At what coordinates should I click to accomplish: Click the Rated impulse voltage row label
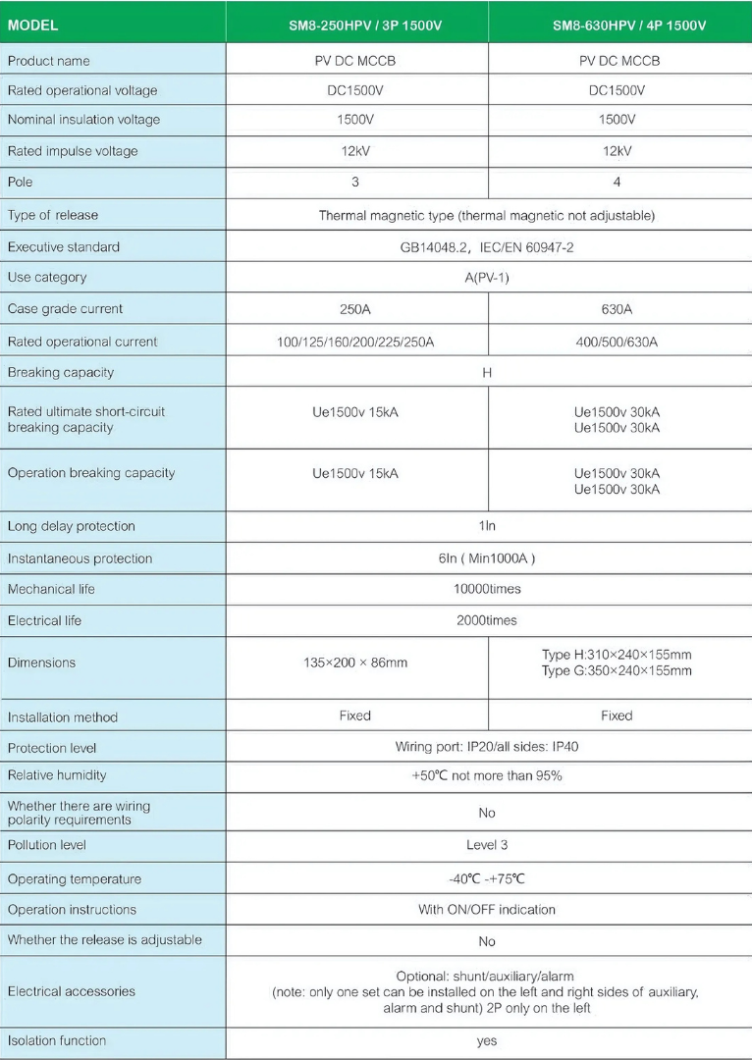coord(73,151)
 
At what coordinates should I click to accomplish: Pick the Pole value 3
coord(355,182)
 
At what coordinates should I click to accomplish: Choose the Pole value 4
coord(617,182)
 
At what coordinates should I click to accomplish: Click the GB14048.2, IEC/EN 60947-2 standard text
coord(487,247)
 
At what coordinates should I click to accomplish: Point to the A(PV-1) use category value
coord(487,278)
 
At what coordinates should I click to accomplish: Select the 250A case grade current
coord(355,309)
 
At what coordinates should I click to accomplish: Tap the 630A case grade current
coord(617,309)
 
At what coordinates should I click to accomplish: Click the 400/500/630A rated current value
coord(617,342)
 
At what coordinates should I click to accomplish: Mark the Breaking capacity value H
coord(487,373)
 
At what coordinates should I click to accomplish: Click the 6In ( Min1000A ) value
coord(487,558)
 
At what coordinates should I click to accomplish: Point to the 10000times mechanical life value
coord(487,589)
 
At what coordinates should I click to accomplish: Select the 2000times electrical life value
coord(487,620)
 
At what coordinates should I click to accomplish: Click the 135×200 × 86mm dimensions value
coord(355,662)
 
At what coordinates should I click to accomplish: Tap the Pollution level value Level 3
coord(487,845)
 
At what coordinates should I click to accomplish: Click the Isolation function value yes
coord(487,1041)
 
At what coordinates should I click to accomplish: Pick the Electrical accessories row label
coord(72,991)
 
